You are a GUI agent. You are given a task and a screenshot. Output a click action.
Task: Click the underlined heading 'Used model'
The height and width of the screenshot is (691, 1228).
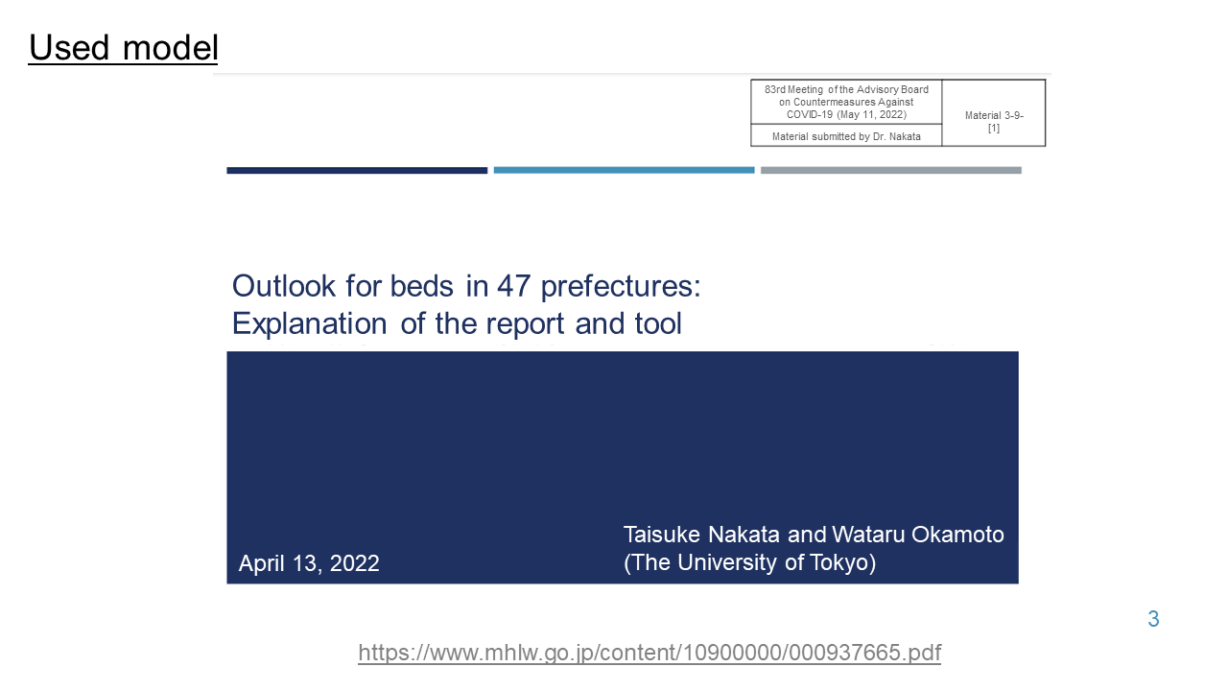coord(124,48)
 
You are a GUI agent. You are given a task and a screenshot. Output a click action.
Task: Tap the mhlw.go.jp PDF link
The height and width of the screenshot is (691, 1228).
coord(649,653)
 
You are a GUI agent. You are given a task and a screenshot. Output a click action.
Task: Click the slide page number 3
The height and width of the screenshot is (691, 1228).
coord(1153,619)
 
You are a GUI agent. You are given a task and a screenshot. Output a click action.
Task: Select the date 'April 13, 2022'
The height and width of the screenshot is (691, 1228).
coord(309,563)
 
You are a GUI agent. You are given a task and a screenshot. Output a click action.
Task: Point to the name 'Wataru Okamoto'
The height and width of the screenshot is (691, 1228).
coord(918,535)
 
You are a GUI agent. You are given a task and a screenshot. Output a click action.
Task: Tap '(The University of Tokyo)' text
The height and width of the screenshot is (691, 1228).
coord(749,562)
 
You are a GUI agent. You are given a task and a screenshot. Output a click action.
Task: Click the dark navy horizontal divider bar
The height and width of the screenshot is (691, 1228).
coord(357,171)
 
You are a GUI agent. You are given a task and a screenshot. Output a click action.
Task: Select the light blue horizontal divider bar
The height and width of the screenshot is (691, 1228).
coord(624,171)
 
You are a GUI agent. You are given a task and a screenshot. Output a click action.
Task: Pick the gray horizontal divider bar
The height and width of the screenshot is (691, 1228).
coord(891,171)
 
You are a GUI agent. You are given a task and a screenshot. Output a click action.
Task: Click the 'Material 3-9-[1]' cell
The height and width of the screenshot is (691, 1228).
coord(993,113)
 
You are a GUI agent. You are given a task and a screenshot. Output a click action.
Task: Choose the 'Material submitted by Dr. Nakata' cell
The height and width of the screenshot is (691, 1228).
coord(846,136)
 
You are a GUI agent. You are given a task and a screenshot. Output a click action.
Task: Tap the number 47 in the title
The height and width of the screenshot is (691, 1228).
coord(513,286)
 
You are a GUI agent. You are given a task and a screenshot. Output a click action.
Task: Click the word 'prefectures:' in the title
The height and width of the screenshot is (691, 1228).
coord(621,287)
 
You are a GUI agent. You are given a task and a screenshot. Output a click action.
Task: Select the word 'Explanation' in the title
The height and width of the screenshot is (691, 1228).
coord(310,324)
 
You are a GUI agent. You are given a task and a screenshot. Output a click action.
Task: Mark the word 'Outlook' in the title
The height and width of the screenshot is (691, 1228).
coord(283,286)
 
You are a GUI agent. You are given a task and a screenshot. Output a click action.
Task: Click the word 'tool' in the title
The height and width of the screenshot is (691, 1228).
coord(658,323)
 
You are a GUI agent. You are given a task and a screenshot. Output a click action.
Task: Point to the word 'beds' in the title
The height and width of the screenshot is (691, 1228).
coord(421,286)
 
